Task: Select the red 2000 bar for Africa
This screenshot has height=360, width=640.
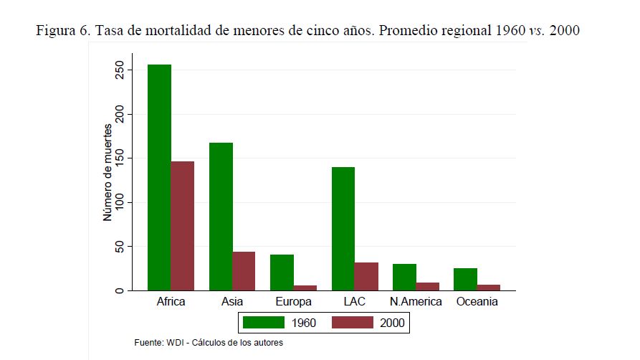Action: (182, 226)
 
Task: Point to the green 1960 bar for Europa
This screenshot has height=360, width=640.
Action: (282, 273)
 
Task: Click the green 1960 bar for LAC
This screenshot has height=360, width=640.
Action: (343, 229)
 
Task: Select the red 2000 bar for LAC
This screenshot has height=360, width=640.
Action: (366, 276)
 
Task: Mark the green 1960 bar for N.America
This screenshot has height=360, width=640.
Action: (404, 277)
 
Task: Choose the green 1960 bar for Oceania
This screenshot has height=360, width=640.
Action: (466, 279)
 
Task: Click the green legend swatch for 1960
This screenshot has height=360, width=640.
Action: (263, 323)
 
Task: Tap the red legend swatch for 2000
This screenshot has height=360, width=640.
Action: (353, 323)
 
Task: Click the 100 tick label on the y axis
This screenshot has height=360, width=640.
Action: (120, 202)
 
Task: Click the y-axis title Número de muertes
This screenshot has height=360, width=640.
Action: (108, 172)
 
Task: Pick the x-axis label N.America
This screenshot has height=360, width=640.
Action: (416, 302)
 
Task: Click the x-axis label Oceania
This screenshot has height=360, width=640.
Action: (477, 302)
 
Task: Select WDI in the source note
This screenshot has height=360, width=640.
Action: (175, 343)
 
